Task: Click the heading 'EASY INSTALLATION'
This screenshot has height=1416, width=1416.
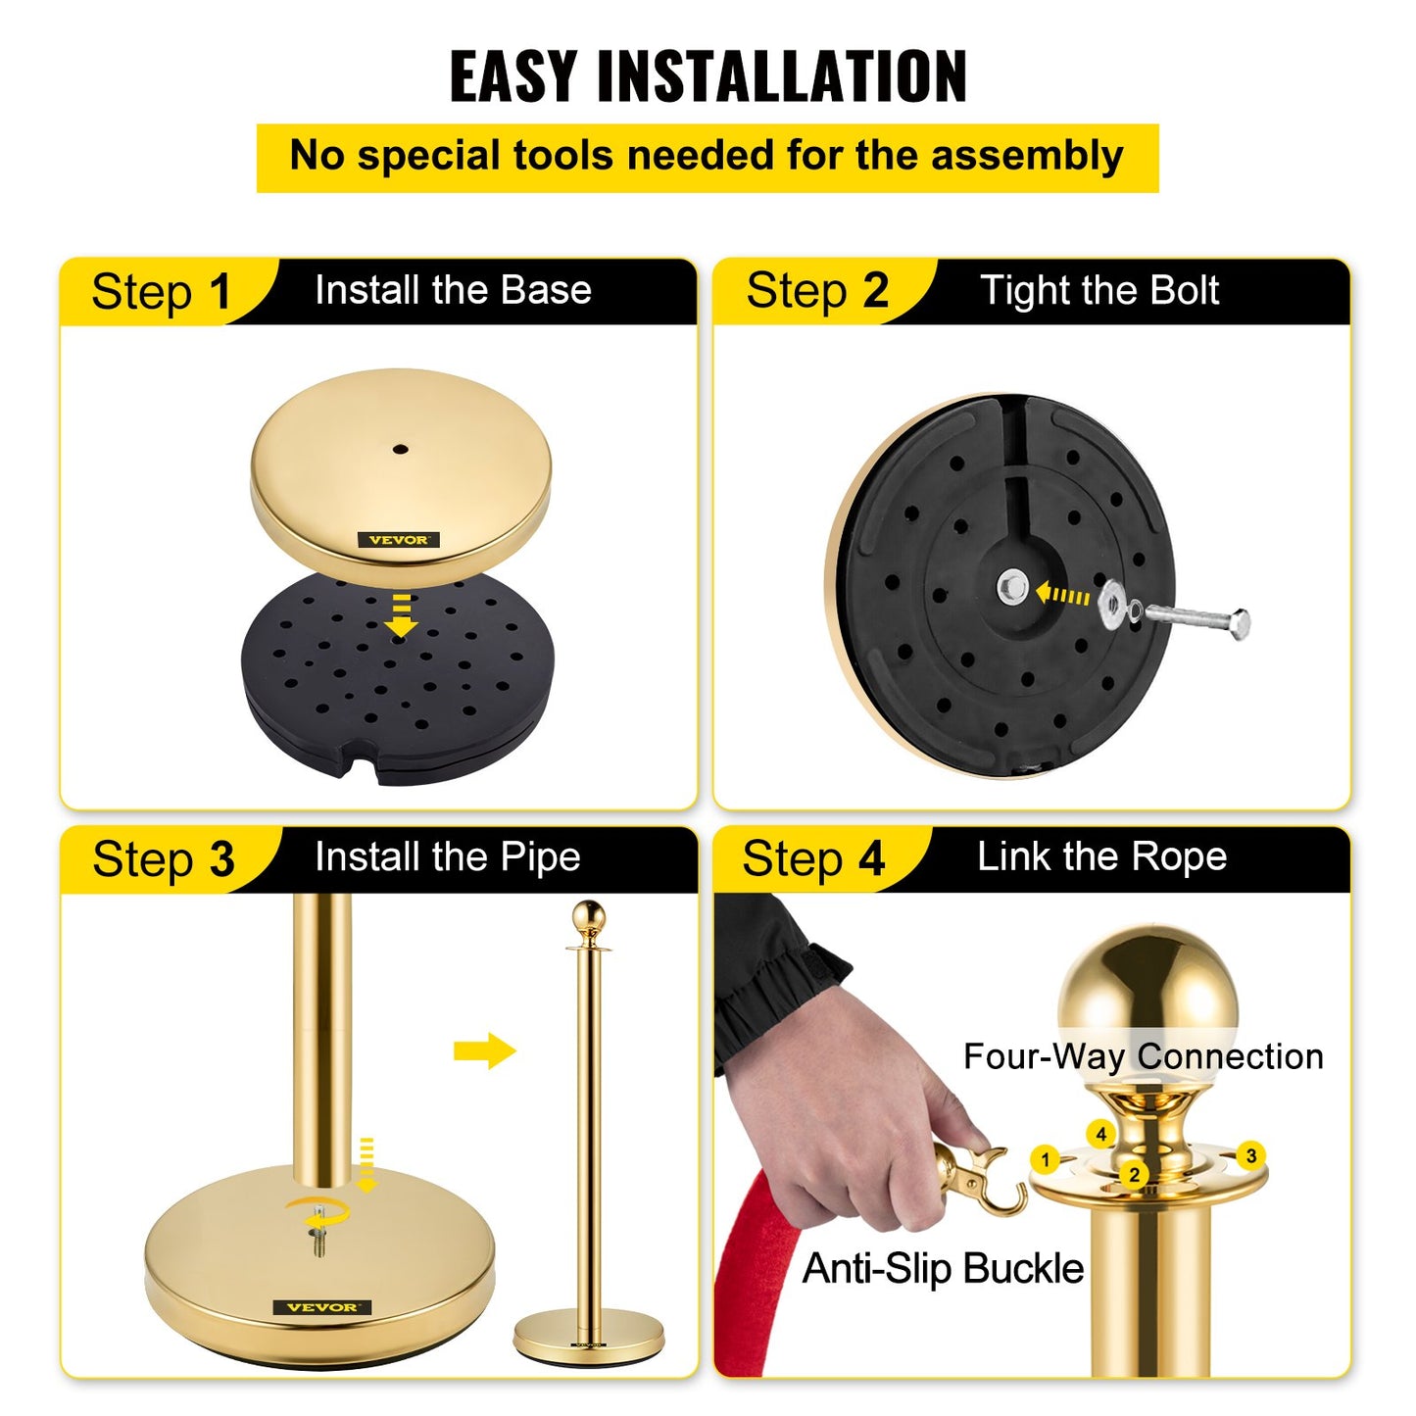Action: (708, 75)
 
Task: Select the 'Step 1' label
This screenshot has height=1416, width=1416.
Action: (160, 292)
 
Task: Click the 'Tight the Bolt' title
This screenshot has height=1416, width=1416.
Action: (1099, 291)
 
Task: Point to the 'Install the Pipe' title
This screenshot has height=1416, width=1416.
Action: (447, 857)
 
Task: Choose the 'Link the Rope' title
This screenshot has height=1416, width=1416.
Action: (1101, 857)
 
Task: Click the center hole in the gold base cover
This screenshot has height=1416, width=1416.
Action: (400, 450)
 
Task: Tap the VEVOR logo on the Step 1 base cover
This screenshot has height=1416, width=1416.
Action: (398, 540)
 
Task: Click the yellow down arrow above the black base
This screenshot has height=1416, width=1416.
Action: (400, 615)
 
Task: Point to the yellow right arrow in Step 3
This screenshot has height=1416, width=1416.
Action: (484, 1051)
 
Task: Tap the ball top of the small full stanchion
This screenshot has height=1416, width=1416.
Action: (589, 917)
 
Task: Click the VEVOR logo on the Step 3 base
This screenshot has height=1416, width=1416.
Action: (322, 1307)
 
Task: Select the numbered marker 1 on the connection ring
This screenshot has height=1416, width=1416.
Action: (1046, 1160)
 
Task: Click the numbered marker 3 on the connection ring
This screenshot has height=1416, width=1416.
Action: (1250, 1155)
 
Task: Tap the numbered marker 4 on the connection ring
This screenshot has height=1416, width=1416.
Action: (1101, 1134)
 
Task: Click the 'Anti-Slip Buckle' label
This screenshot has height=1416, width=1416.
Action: (943, 1269)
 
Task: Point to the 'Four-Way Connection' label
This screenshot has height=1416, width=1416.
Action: (1143, 1056)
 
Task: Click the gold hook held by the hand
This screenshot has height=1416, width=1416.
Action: (980, 1180)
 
